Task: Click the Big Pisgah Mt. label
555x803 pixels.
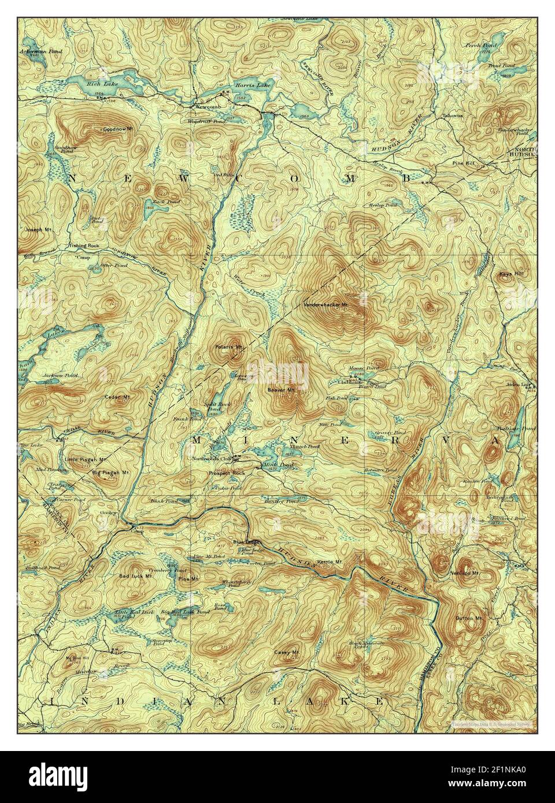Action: pyautogui.click(x=110, y=472)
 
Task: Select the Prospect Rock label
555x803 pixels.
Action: pyautogui.click(x=227, y=473)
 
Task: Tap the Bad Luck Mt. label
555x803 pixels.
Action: pyautogui.click(x=135, y=576)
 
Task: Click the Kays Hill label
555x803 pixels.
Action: pyautogui.click(x=509, y=273)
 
